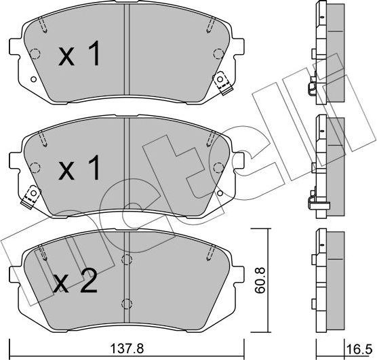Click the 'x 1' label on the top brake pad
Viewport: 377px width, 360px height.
79,56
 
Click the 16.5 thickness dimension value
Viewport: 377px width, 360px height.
363,351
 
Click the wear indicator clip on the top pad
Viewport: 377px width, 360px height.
222,83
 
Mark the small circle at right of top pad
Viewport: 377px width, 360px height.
216,54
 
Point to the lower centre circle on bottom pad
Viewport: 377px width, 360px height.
124,302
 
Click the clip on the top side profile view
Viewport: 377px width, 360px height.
311,89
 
